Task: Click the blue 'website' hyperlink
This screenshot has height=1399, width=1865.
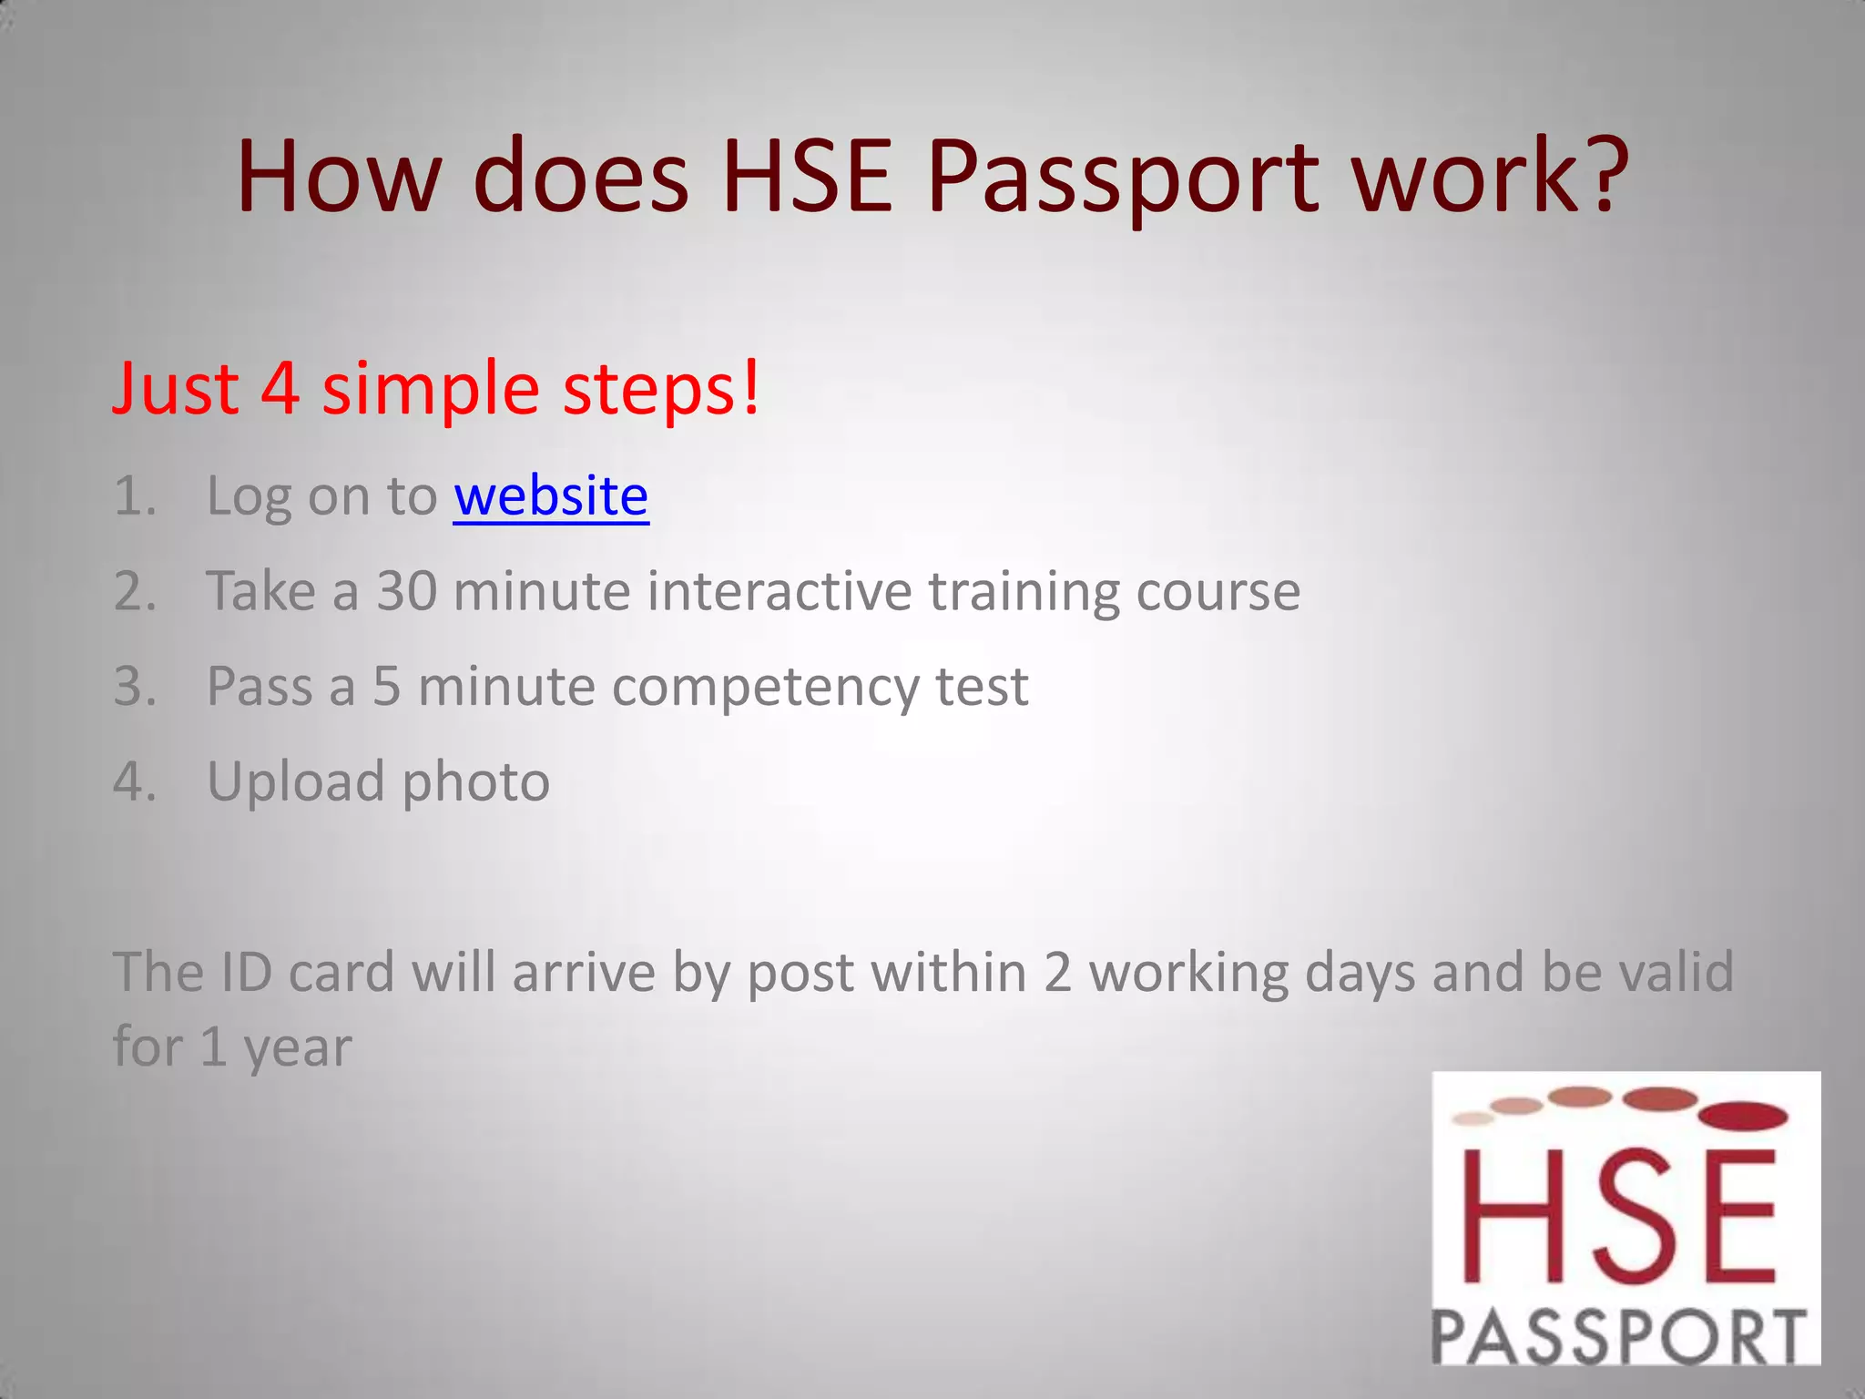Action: pos(551,496)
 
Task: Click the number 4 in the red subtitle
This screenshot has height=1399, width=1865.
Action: pos(280,389)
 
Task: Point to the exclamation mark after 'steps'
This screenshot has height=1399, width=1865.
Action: pos(750,387)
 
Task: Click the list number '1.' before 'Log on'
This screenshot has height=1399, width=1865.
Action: pos(135,497)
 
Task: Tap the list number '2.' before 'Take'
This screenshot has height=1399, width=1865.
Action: pos(135,592)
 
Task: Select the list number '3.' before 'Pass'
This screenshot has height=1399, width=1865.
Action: pos(135,687)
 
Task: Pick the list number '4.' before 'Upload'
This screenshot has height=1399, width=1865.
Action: pos(135,781)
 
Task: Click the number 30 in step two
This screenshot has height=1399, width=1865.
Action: pos(407,592)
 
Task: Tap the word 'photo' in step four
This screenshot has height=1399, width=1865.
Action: pos(475,783)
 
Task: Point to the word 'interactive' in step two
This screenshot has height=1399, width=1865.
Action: pos(779,592)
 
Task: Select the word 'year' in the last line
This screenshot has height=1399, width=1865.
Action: pos(297,1049)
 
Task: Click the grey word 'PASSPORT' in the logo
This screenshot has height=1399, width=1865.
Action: pos(1619,1336)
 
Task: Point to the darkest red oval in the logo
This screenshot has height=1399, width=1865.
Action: pos(1744,1115)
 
